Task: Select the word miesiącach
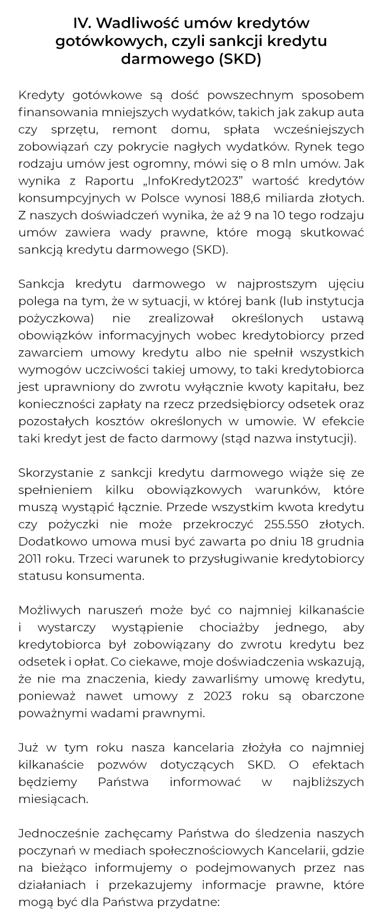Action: [x=53, y=798]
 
